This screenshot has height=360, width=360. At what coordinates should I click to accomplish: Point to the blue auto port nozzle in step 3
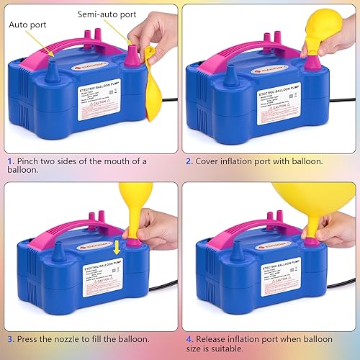pyautogui.click(x=55, y=253)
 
